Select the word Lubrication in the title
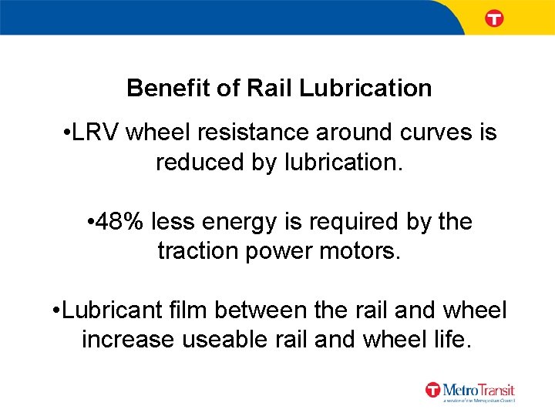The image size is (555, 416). (x=365, y=88)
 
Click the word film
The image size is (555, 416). (x=191, y=310)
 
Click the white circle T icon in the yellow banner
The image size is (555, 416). (x=494, y=18)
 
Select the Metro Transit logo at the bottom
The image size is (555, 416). (x=469, y=391)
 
